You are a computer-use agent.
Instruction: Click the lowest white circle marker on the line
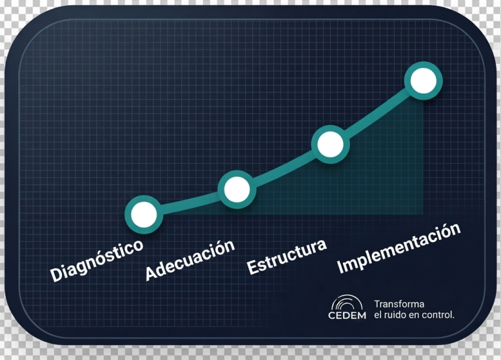click(x=144, y=215)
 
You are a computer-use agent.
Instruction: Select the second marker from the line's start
click(x=237, y=189)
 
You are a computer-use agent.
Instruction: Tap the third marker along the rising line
click(x=330, y=144)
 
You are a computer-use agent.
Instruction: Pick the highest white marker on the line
click(x=423, y=80)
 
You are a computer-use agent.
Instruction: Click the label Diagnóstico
click(x=97, y=260)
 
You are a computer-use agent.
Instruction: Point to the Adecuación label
click(x=190, y=260)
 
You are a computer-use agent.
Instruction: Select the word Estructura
click(x=287, y=256)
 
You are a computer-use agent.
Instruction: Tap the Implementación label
click(x=399, y=248)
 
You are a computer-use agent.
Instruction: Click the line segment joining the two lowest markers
click(x=190, y=202)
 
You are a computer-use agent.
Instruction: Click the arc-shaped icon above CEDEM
click(x=347, y=302)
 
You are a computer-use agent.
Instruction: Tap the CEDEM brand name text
click(x=347, y=315)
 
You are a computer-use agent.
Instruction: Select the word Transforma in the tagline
click(x=399, y=304)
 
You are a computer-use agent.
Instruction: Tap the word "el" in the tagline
click(x=378, y=315)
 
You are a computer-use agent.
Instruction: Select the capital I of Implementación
click(x=341, y=267)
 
